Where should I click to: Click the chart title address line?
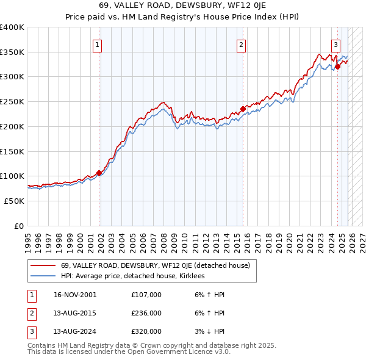[x=183, y=5]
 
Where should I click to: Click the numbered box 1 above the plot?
[x=98, y=44]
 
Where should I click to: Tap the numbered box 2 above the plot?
[x=242, y=44]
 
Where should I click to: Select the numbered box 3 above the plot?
[x=335, y=44]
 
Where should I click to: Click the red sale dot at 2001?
[x=99, y=173]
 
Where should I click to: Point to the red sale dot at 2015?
[x=243, y=109]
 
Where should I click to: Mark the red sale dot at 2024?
[x=337, y=67]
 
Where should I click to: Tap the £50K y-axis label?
[x=15, y=201]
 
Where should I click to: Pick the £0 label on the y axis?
[x=18, y=226]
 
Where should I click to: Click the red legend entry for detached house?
[x=159, y=266]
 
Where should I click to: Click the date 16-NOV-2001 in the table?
[x=74, y=295]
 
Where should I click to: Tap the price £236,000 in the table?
[x=146, y=313]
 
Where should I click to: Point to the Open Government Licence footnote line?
[x=129, y=352]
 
